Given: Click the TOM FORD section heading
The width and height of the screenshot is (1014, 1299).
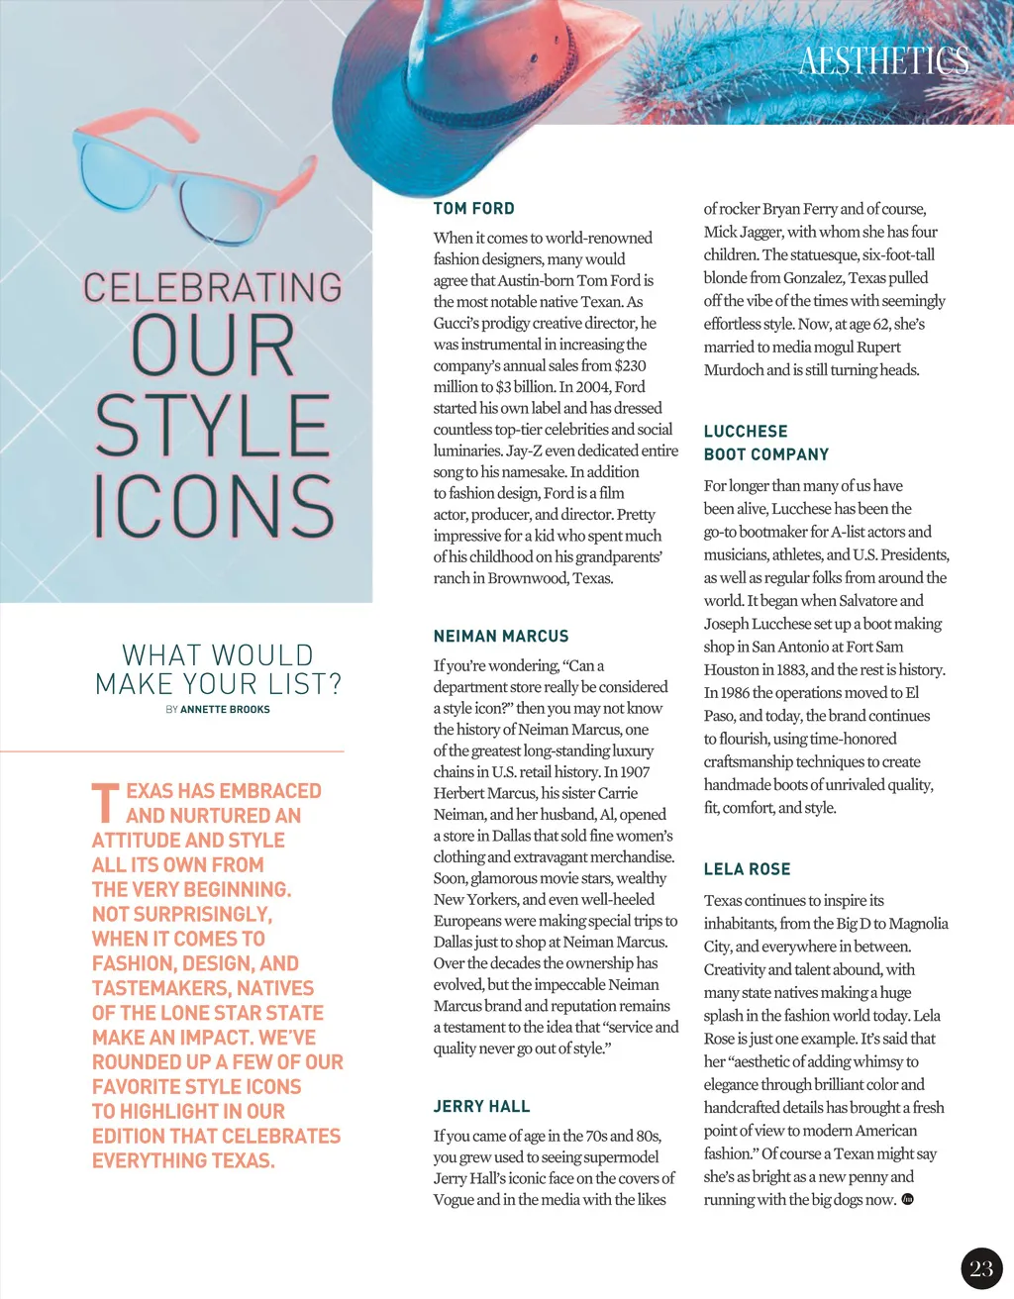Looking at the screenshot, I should (473, 209).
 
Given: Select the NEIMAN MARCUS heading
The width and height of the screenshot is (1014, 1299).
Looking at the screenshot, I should (501, 637).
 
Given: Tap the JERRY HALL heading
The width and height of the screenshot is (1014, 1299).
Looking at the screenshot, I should (481, 1107).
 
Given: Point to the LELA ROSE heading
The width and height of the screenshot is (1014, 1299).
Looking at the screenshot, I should (747, 869).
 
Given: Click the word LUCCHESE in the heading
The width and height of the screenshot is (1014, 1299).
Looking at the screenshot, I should (746, 432).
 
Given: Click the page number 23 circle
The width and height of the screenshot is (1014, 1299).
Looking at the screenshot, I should (981, 1269).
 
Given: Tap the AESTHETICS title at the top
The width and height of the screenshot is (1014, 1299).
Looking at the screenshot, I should (883, 61).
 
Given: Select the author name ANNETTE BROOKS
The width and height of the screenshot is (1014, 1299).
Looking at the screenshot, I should (225, 710).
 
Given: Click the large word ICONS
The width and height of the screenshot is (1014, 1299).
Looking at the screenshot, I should (214, 505).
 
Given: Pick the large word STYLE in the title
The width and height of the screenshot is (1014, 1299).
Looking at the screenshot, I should (213, 426).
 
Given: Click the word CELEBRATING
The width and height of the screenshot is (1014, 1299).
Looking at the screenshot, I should (213, 288).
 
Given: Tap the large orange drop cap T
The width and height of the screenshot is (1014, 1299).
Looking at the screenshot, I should (105, 803).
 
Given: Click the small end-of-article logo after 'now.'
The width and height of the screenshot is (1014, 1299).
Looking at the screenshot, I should (907, 1200).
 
